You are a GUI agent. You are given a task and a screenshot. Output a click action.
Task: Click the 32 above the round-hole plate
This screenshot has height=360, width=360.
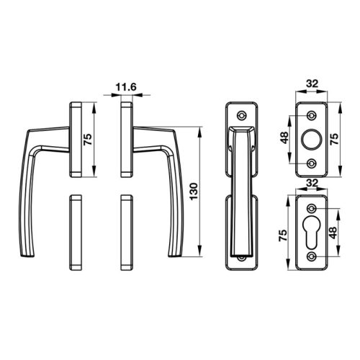click(x=312, y=84)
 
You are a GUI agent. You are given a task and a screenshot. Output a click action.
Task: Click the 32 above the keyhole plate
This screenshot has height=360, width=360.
click(x=312, y=183)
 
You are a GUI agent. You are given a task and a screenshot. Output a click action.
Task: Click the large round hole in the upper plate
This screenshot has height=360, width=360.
click(x=312, y=138)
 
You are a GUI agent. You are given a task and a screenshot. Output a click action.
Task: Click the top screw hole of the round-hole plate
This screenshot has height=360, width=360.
click(x=312, y=115)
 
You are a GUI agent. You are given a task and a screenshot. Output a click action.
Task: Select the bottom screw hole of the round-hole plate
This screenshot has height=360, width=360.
click(x=312, y=162)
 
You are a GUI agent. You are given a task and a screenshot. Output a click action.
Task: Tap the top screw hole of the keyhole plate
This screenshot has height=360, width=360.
click(x=312, y=209)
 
